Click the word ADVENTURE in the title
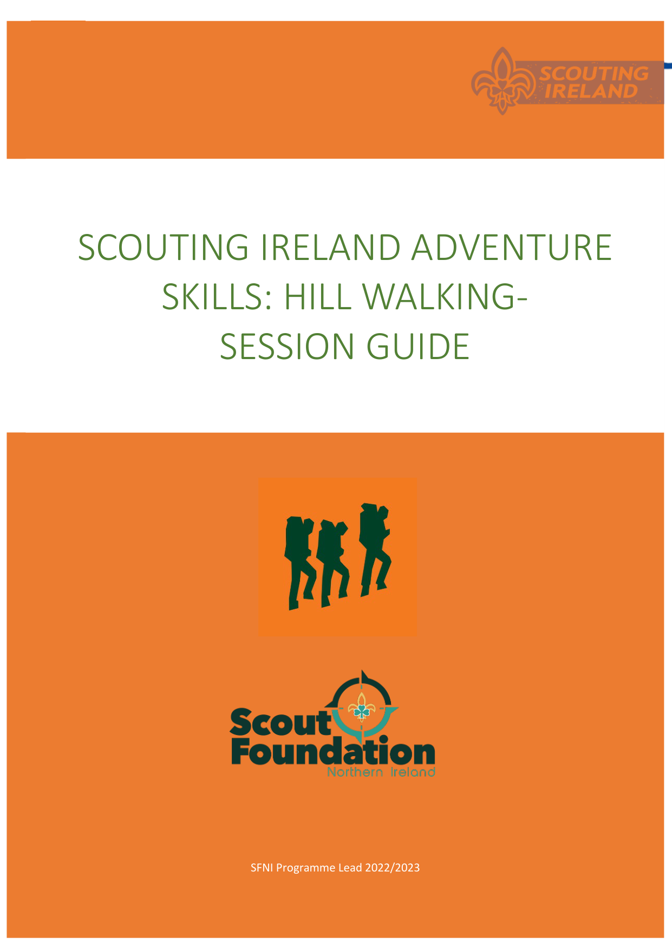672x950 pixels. click(x=512, y=248)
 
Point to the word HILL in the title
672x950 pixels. click(x=317, y=297)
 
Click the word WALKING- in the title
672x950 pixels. click(x=445, y=297)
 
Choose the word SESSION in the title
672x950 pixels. click(x=288, y=347)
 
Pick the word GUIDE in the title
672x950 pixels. click(x=418, y=347)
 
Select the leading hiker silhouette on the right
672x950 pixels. click(x=375, y=550)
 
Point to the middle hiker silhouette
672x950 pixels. click(x=333, y=563)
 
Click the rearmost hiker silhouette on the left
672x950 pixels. click(x=301, y=563)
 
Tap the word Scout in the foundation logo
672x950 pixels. click(x=280, y=722)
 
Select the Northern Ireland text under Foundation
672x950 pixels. click(x=381, y=772)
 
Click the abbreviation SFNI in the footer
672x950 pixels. click(x=262, y=868)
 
